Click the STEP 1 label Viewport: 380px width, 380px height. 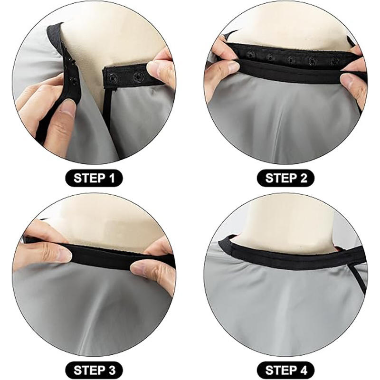(x=94, y=178)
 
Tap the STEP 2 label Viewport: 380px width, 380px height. (x=285, y=178)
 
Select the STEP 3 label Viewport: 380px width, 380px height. (x=94, y=370)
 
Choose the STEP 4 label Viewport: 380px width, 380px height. (x=285, y=370)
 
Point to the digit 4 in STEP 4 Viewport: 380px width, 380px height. (x=303, y=370)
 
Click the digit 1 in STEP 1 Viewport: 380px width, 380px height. (x=112, y=179)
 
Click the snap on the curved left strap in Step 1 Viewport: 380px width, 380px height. (x=72, y=80)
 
